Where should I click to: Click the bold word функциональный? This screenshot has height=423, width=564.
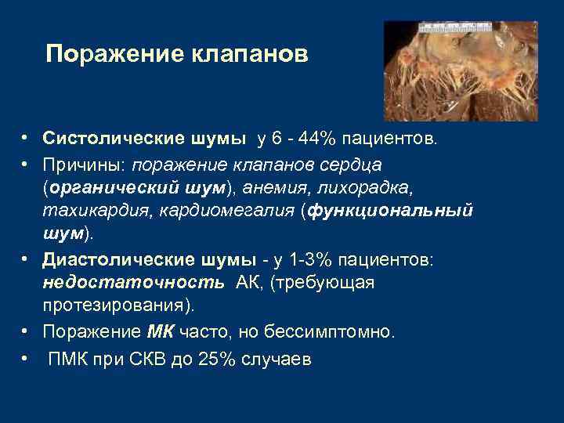click(392, 211)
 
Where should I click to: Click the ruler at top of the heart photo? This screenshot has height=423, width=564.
click(455, 27)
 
